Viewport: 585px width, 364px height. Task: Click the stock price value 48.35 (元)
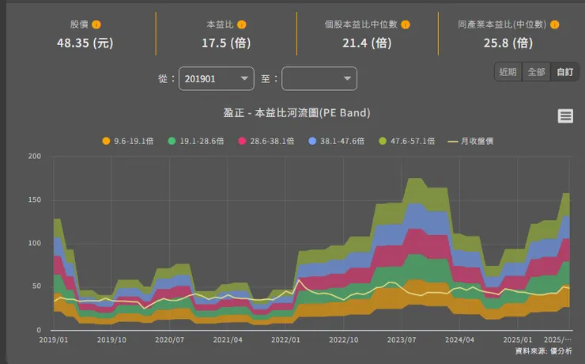[85, 43]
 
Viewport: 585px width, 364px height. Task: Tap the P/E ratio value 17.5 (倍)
[225, 43]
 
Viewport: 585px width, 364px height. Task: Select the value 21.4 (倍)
[366, 43]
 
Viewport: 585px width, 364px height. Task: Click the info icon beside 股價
[96, 25]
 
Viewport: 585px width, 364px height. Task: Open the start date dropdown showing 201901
[217, 78]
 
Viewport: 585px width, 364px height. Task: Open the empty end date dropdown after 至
[319, 78]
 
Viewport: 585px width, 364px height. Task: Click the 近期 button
[508, 71]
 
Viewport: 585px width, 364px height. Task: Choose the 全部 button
[536, 71]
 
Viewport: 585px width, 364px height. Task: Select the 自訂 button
[564, 71]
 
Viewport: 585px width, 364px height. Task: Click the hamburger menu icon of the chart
[565, 116]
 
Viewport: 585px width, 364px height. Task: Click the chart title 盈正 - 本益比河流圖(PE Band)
[296, 113]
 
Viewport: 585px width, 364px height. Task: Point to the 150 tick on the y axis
[34, 199]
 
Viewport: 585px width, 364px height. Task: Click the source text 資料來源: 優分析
[543, 351]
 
